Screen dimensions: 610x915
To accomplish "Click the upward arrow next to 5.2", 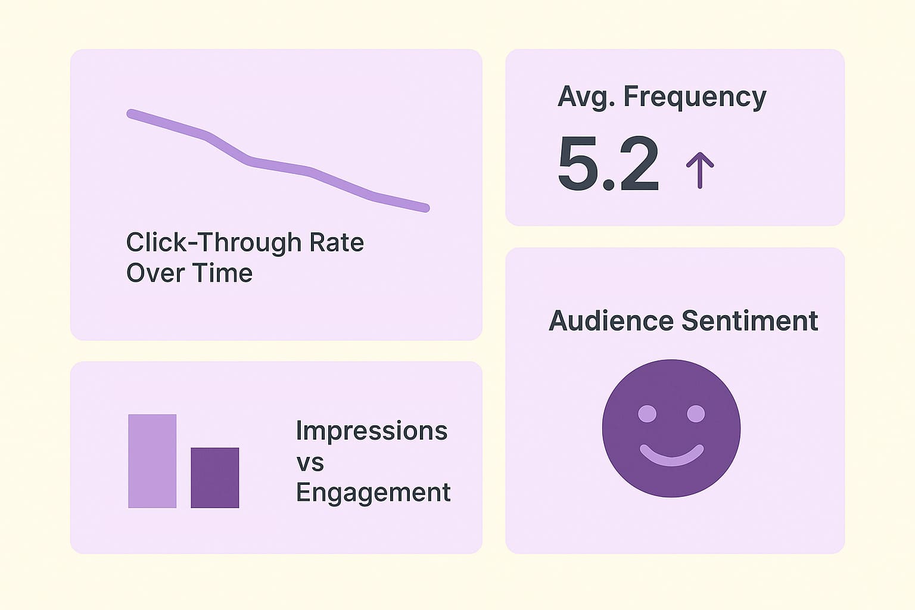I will click(699, 170).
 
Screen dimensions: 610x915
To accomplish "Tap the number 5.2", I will click(608, 164).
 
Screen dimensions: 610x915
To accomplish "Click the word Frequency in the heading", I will click(695, 97).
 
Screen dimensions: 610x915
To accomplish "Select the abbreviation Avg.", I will click(586, 97).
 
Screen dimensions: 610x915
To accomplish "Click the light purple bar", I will click(152, 461).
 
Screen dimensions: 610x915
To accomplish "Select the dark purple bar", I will click(214, 478).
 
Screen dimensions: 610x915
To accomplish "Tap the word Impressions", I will click(371, 431).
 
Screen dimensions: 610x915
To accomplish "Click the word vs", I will click(310, 462).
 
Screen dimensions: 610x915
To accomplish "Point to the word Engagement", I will click(373, 493).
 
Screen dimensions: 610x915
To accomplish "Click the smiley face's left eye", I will click(647, 413).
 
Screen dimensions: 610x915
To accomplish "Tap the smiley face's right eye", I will click(695, 413).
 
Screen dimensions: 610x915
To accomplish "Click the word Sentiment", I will click(749, 321).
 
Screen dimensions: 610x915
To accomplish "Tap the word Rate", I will click(337, 242).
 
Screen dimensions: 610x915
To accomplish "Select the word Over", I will click(151, 273).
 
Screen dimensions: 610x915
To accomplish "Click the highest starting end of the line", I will click(131, 113).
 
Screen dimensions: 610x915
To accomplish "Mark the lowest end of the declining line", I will click(425, 208).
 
